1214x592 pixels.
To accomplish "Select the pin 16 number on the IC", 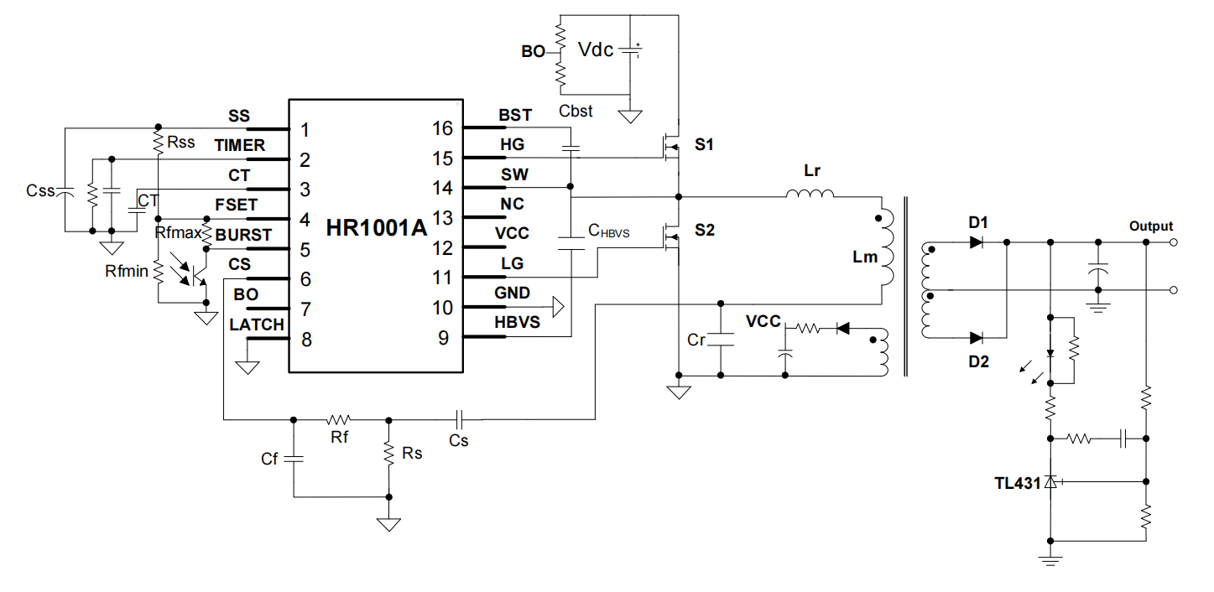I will coord(442,129).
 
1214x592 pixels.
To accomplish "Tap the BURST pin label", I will coord(243,236).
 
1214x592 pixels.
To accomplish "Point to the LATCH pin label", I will coord(256,325).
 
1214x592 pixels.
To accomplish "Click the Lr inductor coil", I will coord(810,195).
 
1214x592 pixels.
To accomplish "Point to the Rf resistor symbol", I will coord(340,418).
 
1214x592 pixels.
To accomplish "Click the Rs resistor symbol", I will coord(388,453).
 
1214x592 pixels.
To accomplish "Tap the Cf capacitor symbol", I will coord(294,459).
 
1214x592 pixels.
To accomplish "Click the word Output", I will coord(1150,226).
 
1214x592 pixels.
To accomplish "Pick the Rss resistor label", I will coord(180,143).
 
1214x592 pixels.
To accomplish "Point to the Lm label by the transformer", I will coord(864,257).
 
